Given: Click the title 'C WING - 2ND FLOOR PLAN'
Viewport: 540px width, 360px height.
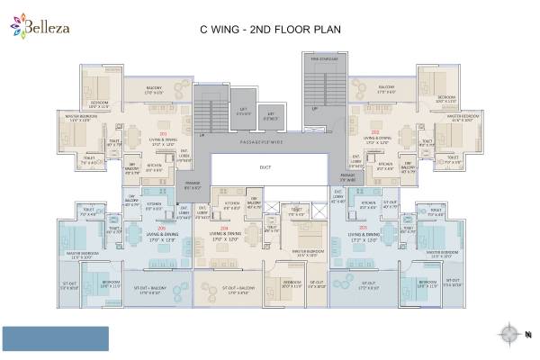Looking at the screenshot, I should [x=269, y=29].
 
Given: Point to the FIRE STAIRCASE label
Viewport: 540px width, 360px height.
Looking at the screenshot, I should [x=323, y=60].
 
